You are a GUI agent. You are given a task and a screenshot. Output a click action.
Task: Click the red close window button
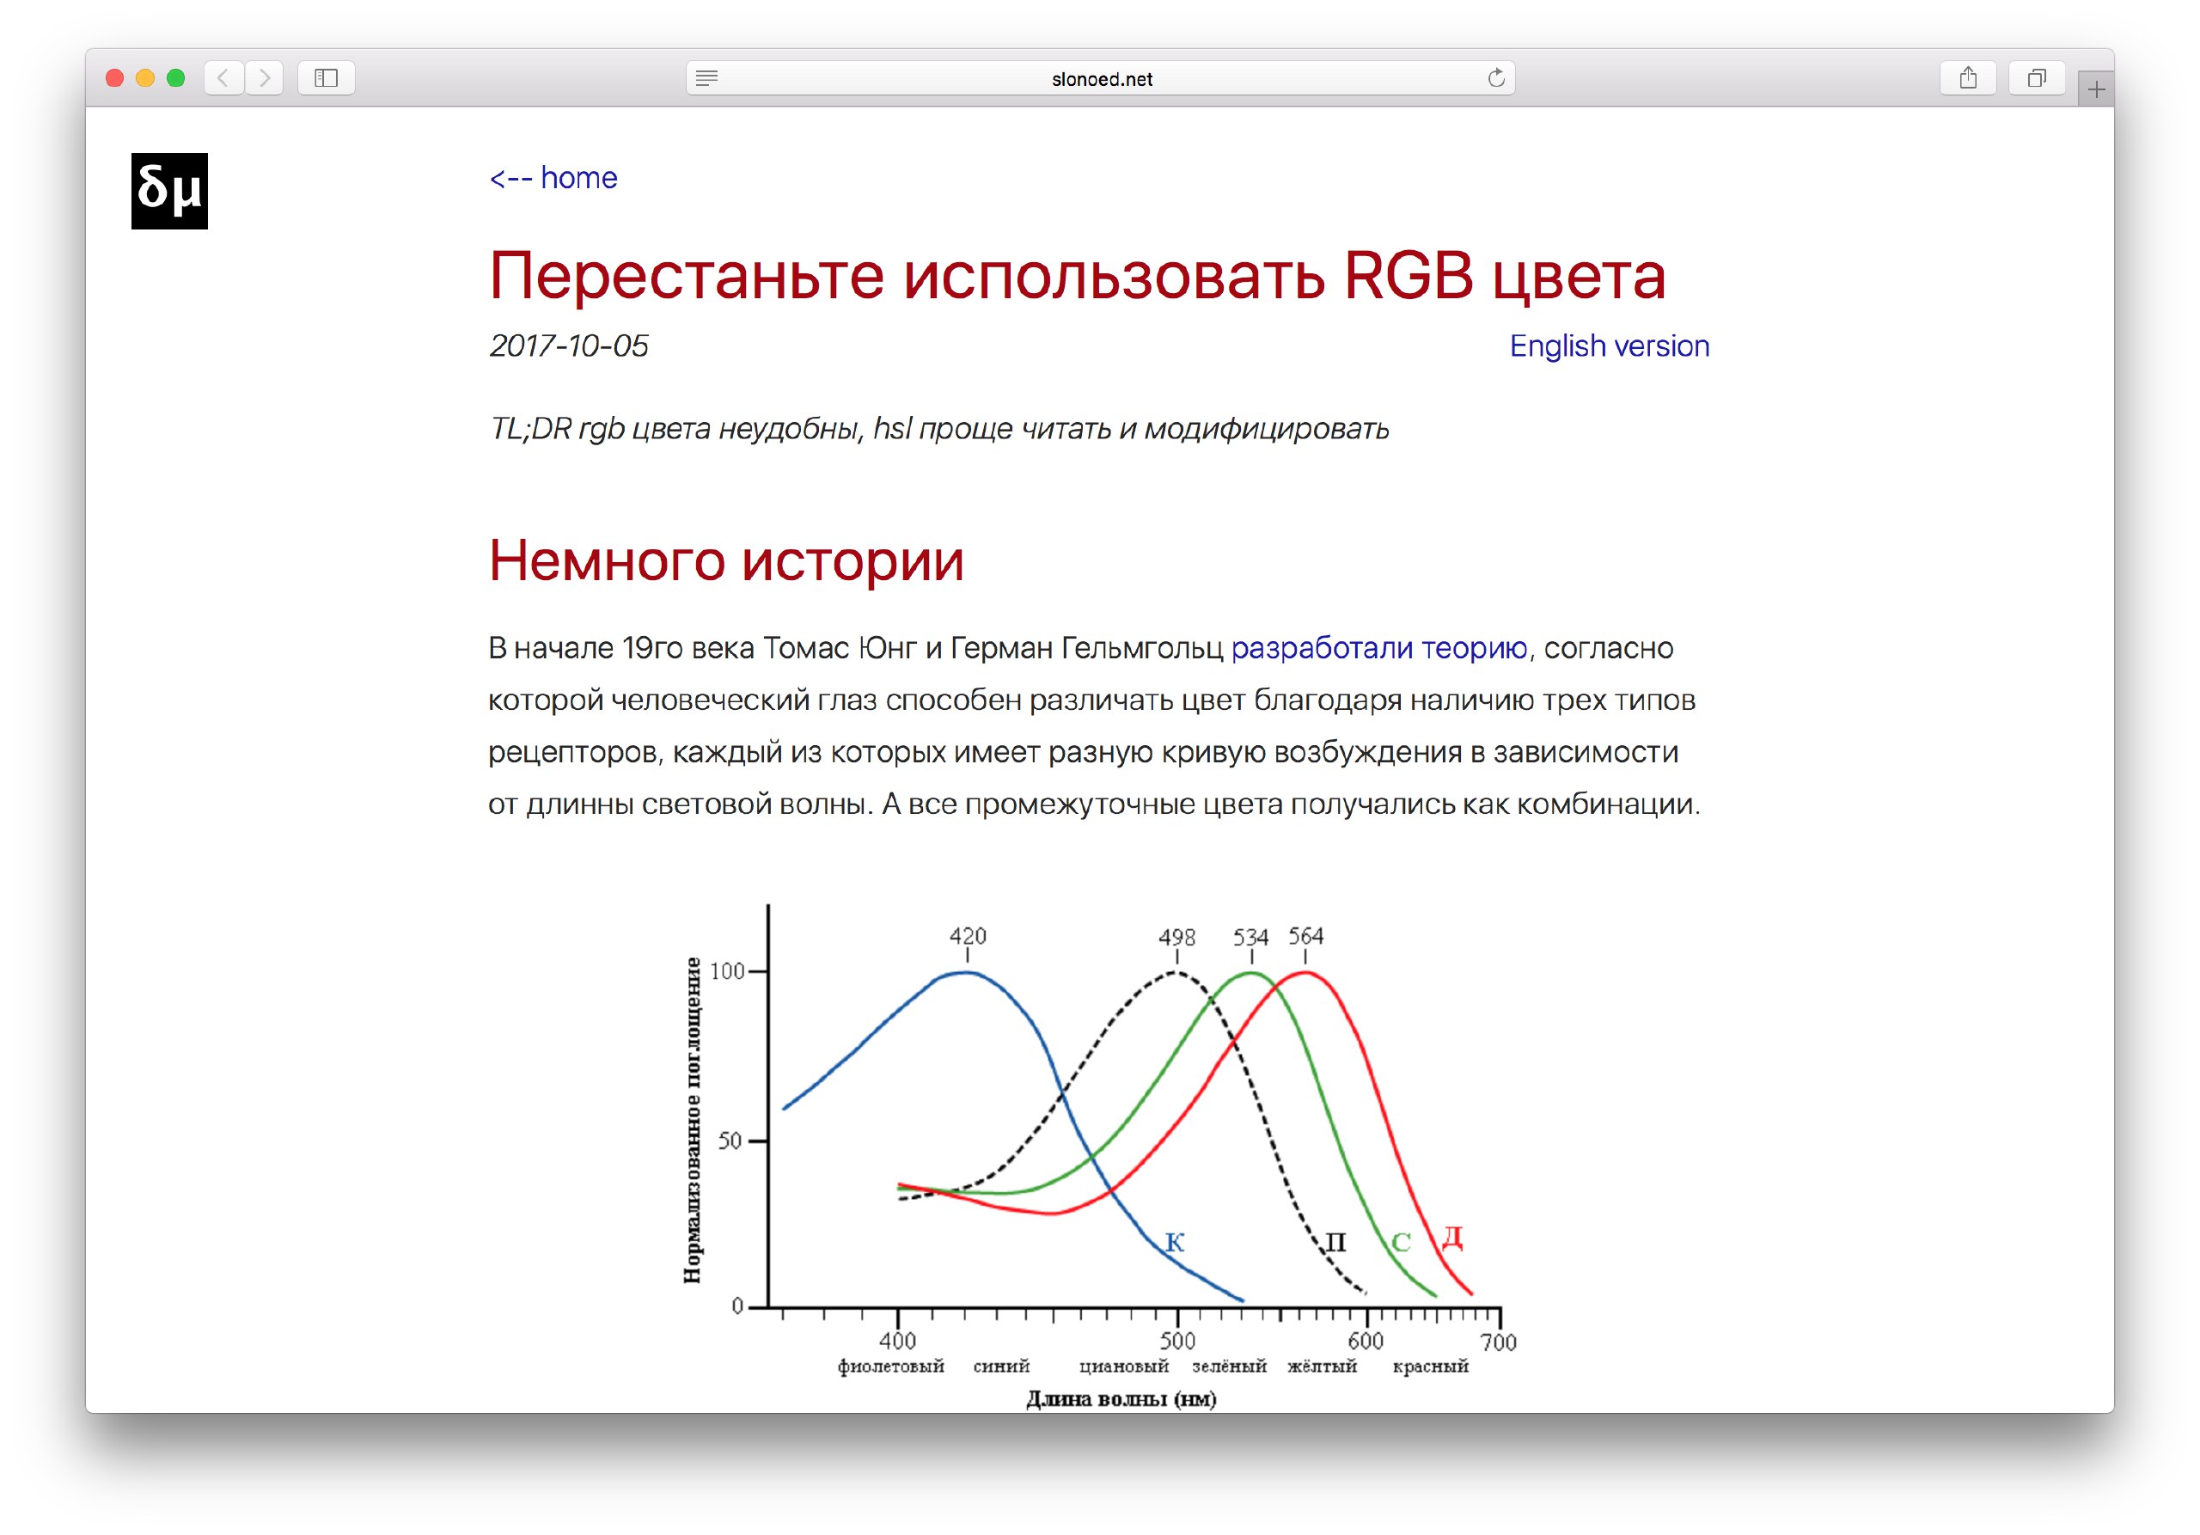[x=115, y=77]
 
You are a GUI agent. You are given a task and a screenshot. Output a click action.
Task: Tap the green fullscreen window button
[x=175, y=77]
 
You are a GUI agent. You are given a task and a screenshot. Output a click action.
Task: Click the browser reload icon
[x=1495, y=77]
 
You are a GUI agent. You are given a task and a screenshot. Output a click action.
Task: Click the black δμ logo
[x=169, y=191]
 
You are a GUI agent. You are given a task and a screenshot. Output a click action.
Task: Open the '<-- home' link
[x=553, y=177]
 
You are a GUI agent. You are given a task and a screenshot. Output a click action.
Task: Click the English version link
[x=1609, y=345]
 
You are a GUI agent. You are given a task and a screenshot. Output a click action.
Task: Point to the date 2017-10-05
[x=568, y=345]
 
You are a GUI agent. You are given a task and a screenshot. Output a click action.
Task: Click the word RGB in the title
[x=1408, y=276]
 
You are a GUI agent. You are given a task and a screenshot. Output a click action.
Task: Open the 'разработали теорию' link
[x=1378, y=648]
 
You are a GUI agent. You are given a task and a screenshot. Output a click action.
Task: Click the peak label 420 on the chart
[x=968, y=935]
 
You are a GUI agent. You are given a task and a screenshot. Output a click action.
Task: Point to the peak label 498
[x=1176, y=937]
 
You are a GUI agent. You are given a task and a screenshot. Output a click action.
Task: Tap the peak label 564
[x=1306, y=935]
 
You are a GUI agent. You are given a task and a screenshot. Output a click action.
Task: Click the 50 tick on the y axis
[x=730, y=1141]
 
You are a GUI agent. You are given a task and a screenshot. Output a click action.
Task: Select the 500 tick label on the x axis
[x=1176, y=1341]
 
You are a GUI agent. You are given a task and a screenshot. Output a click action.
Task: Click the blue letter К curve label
[x=1175, y=1242]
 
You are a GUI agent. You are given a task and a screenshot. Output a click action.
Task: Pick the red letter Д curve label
[x=1452, y=1237]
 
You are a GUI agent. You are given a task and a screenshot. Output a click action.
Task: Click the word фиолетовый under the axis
[x=891, y=1367]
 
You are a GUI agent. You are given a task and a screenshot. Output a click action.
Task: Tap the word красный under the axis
[x=1431, y=1367]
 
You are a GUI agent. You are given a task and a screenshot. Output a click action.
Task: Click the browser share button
[x=1967, y=77]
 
